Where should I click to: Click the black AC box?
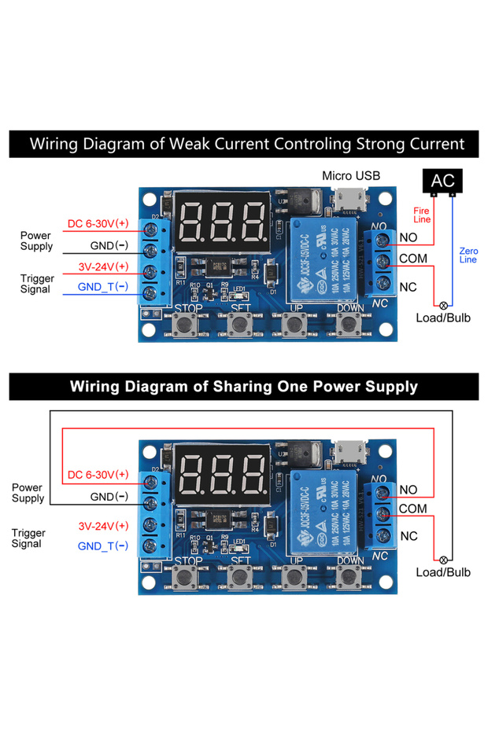(442, 181)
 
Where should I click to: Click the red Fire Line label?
(422, 215)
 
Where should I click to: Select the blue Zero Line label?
(468, 255)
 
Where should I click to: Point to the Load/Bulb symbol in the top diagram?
(443, 305)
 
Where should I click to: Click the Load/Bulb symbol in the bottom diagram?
(443, 559)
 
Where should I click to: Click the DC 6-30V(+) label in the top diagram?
(98, 224)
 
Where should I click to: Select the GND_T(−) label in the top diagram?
(102, 287)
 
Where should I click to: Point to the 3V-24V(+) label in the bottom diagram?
(103, 526)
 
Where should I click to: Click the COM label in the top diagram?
(412, 258)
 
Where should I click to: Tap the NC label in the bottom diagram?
(409, 536)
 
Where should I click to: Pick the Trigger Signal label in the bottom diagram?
(28, 538)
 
